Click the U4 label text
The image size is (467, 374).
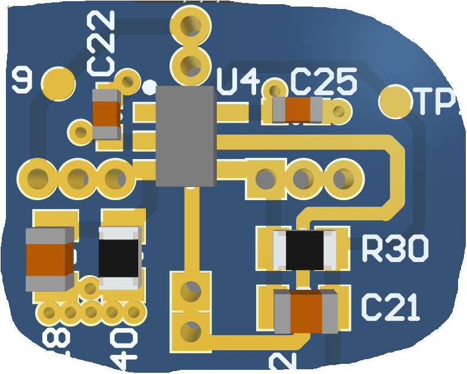pyautogui.click(x=237, y=82)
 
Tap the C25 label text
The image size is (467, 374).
pyautogui.click(x=323, y=81)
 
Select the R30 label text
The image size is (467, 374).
pyautogui.click(x=395, y=249)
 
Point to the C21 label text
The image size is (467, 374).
pyautogui.click(x=390, y=308)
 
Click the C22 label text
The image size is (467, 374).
pyautogui.click(x=102, y=44)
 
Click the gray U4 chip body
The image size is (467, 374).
pyautogui.click(x=185, y=136)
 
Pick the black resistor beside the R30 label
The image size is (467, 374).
pyautogui.click(x=304, y=250)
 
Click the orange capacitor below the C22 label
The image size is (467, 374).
pyautogui.click(x=107, y=114)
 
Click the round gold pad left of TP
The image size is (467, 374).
pyautogui.click(x=396, y=101)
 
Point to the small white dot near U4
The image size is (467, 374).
pyautogui.click(x=149, y=87)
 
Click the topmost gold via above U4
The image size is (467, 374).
pyautogui.click(x=191, y=25)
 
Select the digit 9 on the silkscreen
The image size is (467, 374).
pyautogui.click(x=23, y=80)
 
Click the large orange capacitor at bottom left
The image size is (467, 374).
pyautogui.click(x=49, y=259)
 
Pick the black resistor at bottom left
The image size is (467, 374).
pyautogui.click(x=119, y=258)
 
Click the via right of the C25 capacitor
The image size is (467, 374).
pyautogui.click(x=338, y=111)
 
